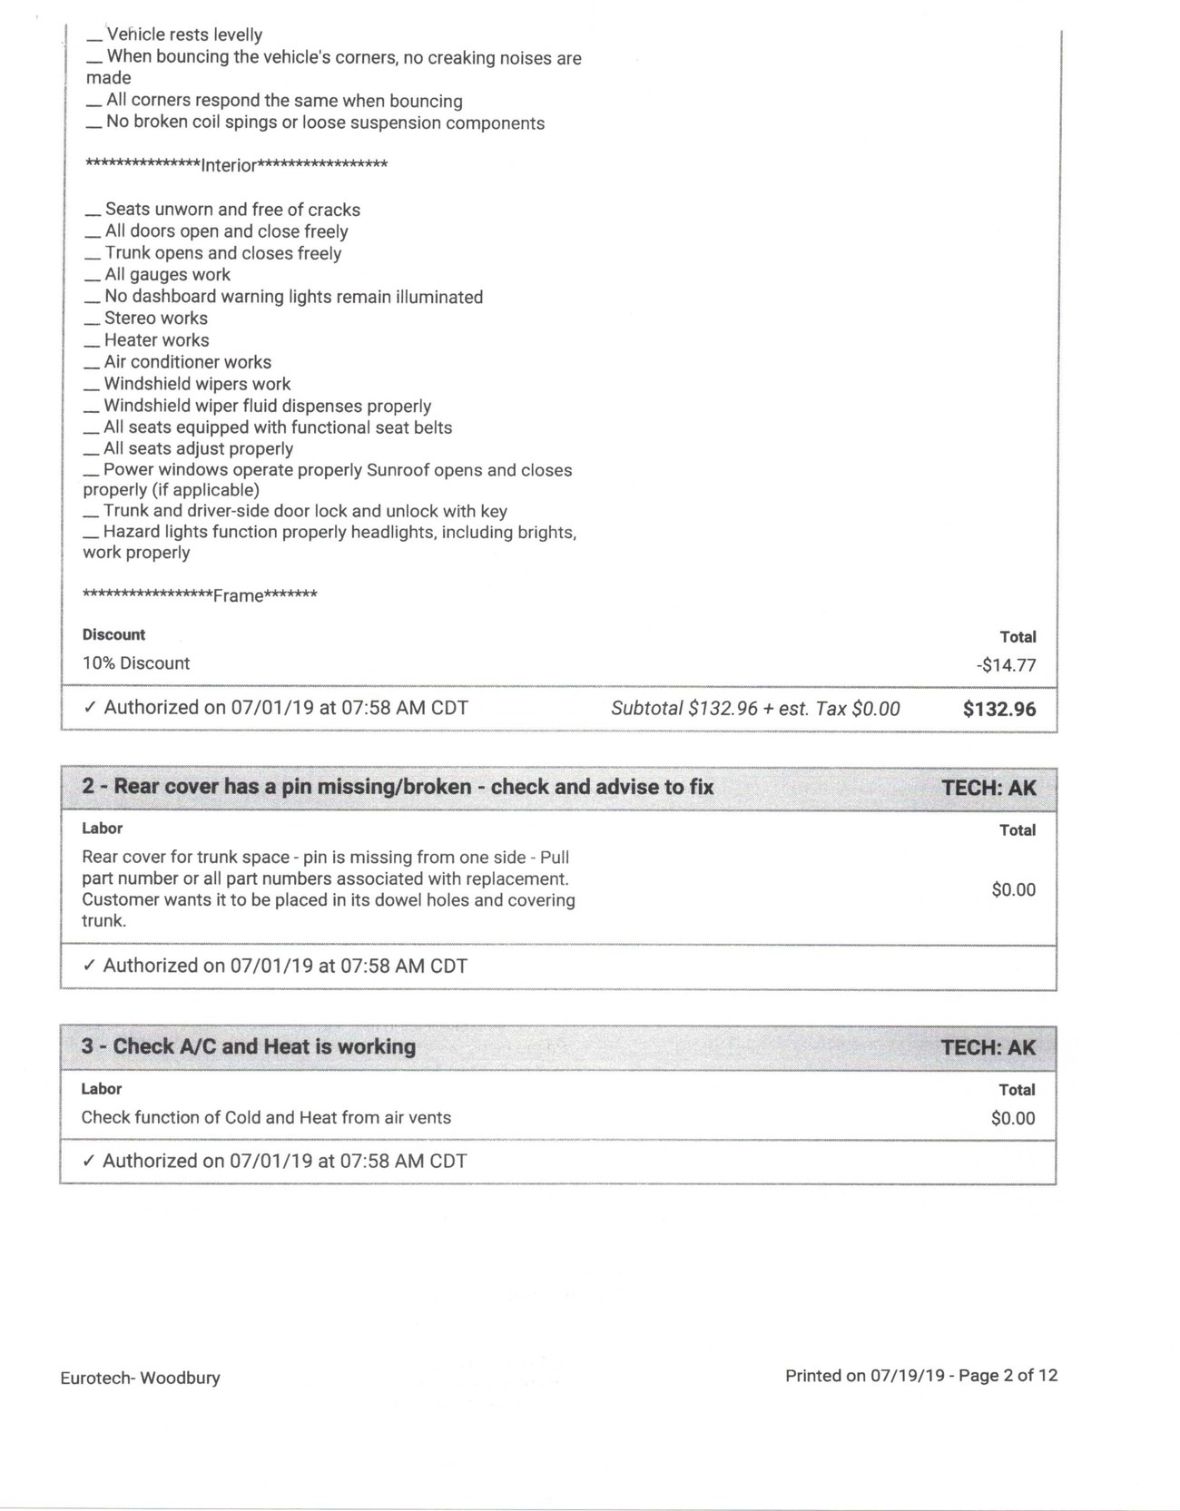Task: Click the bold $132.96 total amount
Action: (x=998, y=709)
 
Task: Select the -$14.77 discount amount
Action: (x=1006, y=665)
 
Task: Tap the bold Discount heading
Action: (x=113, y=634)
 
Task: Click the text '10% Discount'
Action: (x=136, y=663)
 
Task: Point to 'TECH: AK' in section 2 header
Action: (x=988, y=787)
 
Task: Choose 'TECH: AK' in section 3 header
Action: (x=988, y=1047)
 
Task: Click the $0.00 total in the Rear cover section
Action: (x=1013, y=889)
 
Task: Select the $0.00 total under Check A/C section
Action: (x=1013, y=1118)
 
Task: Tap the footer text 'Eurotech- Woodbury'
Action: (x=140, y=1378)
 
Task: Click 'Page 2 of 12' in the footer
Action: (x=1008, y=1376)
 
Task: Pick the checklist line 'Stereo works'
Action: (x=155, y=319)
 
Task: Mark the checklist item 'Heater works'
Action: (x=156, y=340)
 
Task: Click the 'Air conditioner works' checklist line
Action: (x=187, y=362)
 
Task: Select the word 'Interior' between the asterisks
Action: (x=229, y=165)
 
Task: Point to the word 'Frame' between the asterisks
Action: (x=238, y=596)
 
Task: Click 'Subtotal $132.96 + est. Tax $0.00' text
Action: (x=755, y=709)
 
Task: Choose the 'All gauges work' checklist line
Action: (x=167, y=275)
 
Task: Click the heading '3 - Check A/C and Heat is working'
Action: (x=248, y=1046)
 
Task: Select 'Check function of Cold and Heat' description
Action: (x=266, y=1118)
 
